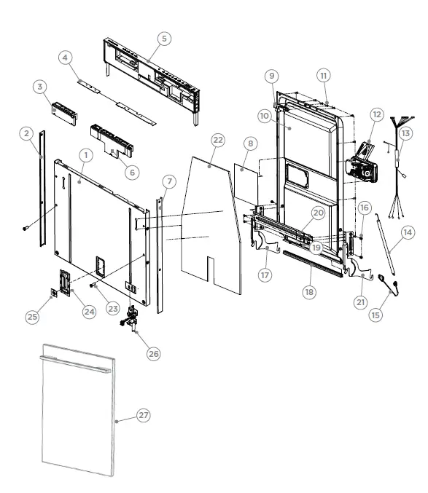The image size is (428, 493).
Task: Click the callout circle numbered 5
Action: (x=164, y=39)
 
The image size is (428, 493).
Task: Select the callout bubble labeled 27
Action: (x=143, y=415)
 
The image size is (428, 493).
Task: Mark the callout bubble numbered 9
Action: (x=271, y=76)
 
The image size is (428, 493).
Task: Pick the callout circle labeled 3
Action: (x=39, y=87)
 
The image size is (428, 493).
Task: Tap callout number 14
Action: (x=407, y=232)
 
